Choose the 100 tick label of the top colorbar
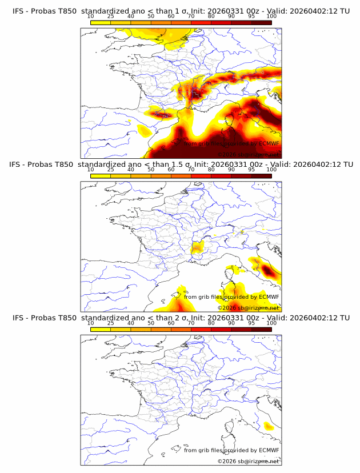(x=271, y=17)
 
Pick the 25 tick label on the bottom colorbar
(x=111, y=323)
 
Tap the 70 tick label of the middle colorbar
(x=191, y=170)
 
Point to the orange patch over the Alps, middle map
(x=198, y=247)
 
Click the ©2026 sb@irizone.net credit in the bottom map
(x=249, y=461)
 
